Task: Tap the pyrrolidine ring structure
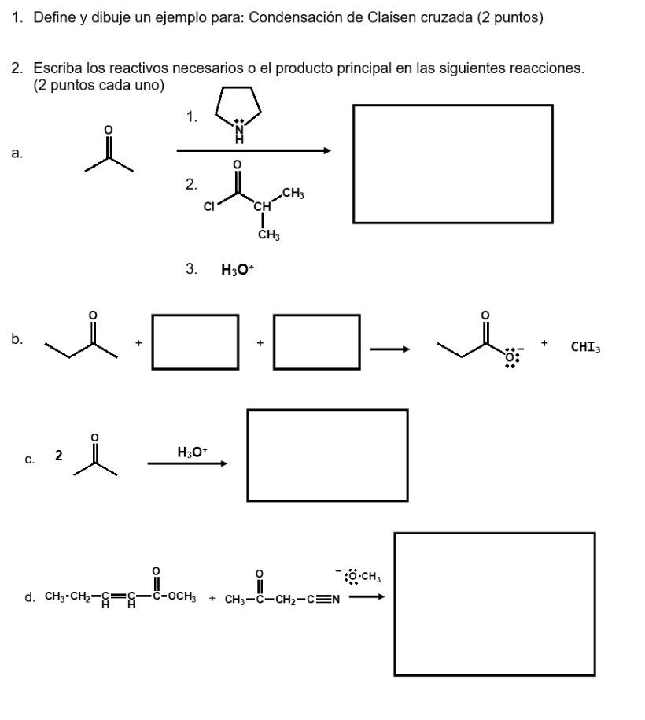tap(238, 113)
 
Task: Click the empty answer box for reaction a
tap(452, 164)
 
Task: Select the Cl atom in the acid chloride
tap(208, 207)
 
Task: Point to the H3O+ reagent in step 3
tap(238, 269)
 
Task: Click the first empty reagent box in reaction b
tap(195, 342)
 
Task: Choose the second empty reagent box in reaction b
tap(317, 342)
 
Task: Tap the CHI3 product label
tap(586, 346)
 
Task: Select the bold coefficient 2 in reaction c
tap(58, 456)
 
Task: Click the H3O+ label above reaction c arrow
tap(192, 452)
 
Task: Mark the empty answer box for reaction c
tap(327, 455)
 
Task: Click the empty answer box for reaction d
tap(494, 604)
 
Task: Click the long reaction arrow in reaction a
tap(253, 151)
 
